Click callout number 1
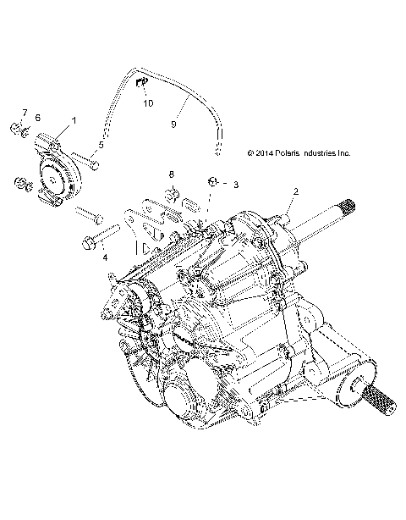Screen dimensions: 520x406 pyautogui.click(x=74, y=121)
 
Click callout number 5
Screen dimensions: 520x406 pyautogui.click(x=100, y=146)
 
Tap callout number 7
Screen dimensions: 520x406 pyautogui.click(x=25, y=113)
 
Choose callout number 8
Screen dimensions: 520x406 pyautogui.click(x=171, y=174)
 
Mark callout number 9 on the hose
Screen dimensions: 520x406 pyautogui.click(x=173, y=124)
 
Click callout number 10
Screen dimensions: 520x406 pyautogui.click(x=148, y=103)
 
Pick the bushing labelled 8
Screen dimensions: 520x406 pyautogui.click(x=172, y=197)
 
